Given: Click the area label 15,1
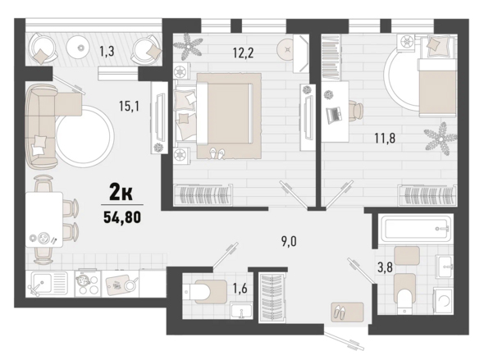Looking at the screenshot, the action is (x=130, y=107).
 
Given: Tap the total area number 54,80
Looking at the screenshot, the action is (x=122, y=217).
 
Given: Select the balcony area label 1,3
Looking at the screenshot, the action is (x=107, y=51).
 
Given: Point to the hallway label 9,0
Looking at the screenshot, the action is (x=289, y=242).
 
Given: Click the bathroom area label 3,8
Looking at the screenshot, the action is (x=386, y=267).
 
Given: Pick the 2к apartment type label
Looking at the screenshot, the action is (x=121, y=193).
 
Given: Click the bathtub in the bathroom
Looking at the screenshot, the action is (x=418, y=229).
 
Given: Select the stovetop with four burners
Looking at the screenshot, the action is (x=88, y=284).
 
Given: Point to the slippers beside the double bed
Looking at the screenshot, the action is (x=217, y=153).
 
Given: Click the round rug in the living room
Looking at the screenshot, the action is (x=84, y=136).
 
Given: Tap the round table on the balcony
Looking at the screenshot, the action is (x=81, y=48).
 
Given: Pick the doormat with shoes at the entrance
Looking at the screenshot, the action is (x=347, y=312).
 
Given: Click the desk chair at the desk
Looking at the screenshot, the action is (x=356, y=110).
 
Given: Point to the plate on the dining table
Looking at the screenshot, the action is (x=43, y=238).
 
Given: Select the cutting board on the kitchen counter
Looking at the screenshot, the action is (x=118, y=284).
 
